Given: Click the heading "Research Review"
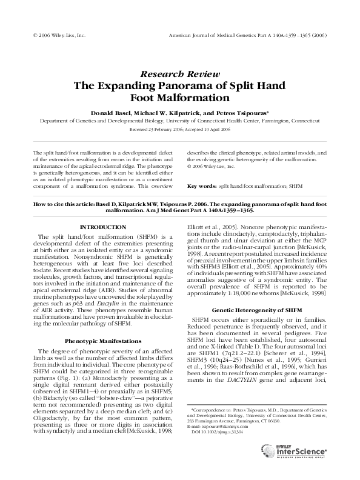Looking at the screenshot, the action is point(179,72).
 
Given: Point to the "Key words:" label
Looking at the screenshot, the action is point(201,186).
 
